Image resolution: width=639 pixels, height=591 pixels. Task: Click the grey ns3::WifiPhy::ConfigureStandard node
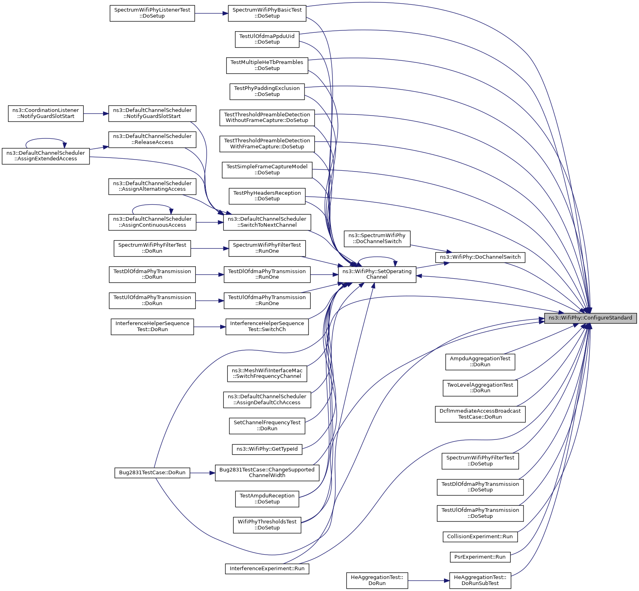pyautogui.click(x=590, y=318)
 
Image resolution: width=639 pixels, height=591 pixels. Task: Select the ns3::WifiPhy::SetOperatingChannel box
pyautogui.click(x=377, y=274)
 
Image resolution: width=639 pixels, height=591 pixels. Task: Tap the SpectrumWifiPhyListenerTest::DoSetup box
pyautogui.click(x=152, y=13)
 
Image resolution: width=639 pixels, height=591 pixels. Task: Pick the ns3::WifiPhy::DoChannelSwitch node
pyautogui.click(x=480, y=257)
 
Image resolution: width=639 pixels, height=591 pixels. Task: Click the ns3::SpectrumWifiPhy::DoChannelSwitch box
pyautogui.click(x=377, y=239)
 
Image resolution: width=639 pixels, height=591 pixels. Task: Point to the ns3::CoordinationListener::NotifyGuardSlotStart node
pyautogui.click(x=46, y=114)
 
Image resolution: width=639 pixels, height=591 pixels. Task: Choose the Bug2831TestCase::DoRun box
pyautogui.click(x=152, y=473)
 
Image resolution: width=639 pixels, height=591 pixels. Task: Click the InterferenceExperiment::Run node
pyautogui.click(x=267, y=569)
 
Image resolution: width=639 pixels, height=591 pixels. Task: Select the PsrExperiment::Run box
pyautogui.click(x=480, y=557)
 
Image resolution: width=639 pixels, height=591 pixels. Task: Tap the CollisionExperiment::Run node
pyautogui.click(x=480, y=537)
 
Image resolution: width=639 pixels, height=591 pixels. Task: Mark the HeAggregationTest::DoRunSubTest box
pyautogui.click(x=480, y=581)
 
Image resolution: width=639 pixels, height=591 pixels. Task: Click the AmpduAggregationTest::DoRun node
pyautogui.click(x=480, y=362)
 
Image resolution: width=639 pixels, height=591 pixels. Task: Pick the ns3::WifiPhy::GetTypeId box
pyautogui.click(x=267, y=449)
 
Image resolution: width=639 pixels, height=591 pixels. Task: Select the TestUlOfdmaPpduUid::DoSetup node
pyautogui.click(x=267, y=39)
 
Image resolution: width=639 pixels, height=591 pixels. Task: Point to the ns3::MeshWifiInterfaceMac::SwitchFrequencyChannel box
pyautogui.click(x=267, y=373)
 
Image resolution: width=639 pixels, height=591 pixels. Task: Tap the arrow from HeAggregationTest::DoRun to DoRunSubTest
pyautogui.click(x=428, y=581)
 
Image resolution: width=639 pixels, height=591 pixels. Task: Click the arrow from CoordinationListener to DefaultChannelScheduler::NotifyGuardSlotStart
pyautogui.click(x=96, y=114)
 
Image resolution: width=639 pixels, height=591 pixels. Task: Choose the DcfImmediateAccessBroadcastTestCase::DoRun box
pyautogui.click(x=480, y=414)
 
